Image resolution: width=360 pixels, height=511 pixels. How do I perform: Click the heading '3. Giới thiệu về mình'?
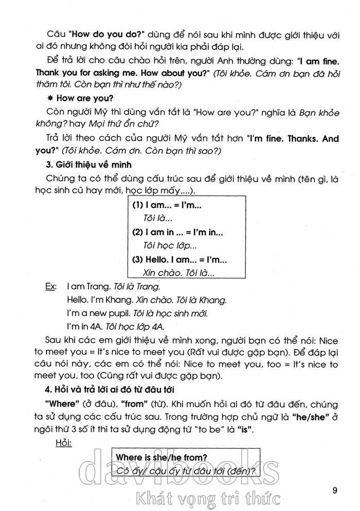tap(88, 165)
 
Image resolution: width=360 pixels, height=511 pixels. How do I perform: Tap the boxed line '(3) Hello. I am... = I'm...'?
tap(179, 260)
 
